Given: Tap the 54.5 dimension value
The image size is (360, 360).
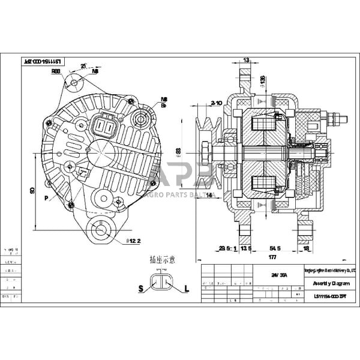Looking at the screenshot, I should tap(275, 247).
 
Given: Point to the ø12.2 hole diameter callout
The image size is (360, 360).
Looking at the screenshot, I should tap(133, 241).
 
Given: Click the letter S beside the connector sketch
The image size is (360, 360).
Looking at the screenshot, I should tap(140, 289).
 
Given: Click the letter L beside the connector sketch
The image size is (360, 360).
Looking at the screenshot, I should tap(187, 289).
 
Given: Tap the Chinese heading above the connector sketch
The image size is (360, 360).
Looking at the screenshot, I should tap(163, 260).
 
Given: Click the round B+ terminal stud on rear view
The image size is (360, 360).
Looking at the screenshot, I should tap(142, 117).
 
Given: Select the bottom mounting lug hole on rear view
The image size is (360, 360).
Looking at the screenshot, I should tap(100, 229).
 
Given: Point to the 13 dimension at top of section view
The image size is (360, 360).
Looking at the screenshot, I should tap(246, 60).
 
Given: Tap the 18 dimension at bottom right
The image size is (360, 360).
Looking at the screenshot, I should tap(307, 247).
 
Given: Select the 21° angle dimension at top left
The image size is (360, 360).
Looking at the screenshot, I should tap(83, 66).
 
